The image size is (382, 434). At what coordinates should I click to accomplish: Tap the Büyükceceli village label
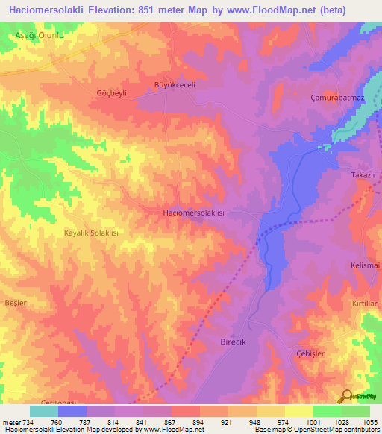point(174,86)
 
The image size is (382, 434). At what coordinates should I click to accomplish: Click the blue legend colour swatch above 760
point(72,411)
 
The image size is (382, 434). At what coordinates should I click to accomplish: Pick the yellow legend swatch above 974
point(271,411)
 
